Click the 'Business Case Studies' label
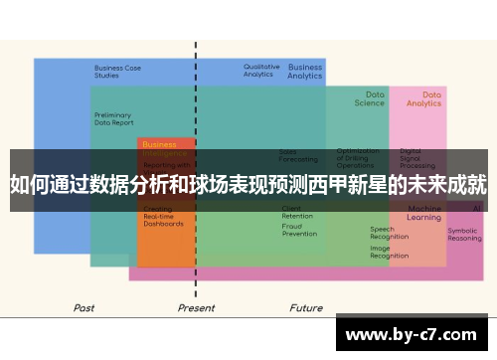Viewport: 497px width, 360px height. pos(117,72)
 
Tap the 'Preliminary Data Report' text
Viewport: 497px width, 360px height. pos(113,118)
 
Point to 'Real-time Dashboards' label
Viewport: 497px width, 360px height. pos(163,220)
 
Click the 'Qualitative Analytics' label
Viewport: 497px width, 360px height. pos(261,71)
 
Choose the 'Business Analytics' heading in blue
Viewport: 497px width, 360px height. pos(305,72)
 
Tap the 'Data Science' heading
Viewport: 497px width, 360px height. pos(369,98)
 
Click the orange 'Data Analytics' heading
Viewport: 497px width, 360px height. pos(424,98)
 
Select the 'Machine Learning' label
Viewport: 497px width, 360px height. pos(424,213)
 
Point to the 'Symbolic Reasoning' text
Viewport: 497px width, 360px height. pos(464,235)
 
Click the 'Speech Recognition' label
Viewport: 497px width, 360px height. pos(389,233)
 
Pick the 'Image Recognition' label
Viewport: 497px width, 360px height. pos(389,252)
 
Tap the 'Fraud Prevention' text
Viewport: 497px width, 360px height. pos(299,230)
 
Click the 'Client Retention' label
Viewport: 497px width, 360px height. pos(297,212)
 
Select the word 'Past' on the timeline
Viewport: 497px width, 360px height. pos(84,308)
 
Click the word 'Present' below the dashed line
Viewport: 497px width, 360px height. pos(196,308)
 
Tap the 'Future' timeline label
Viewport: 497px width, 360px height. pos(306,308)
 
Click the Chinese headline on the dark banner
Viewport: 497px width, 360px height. pos(248,184)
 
